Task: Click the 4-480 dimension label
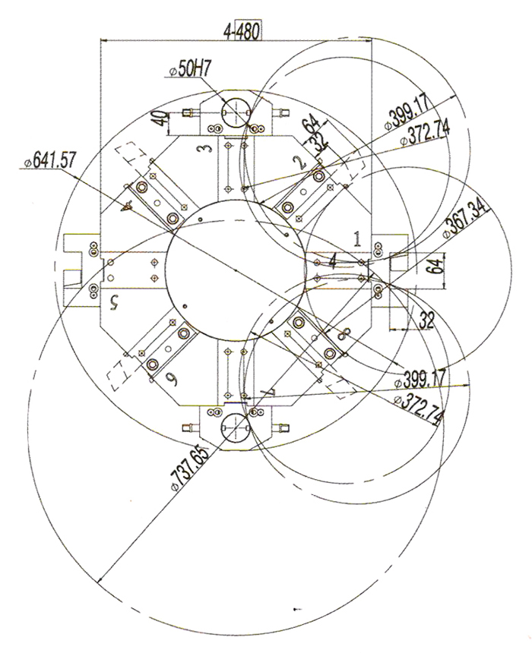242,31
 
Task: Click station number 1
357,239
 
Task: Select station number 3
204,148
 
